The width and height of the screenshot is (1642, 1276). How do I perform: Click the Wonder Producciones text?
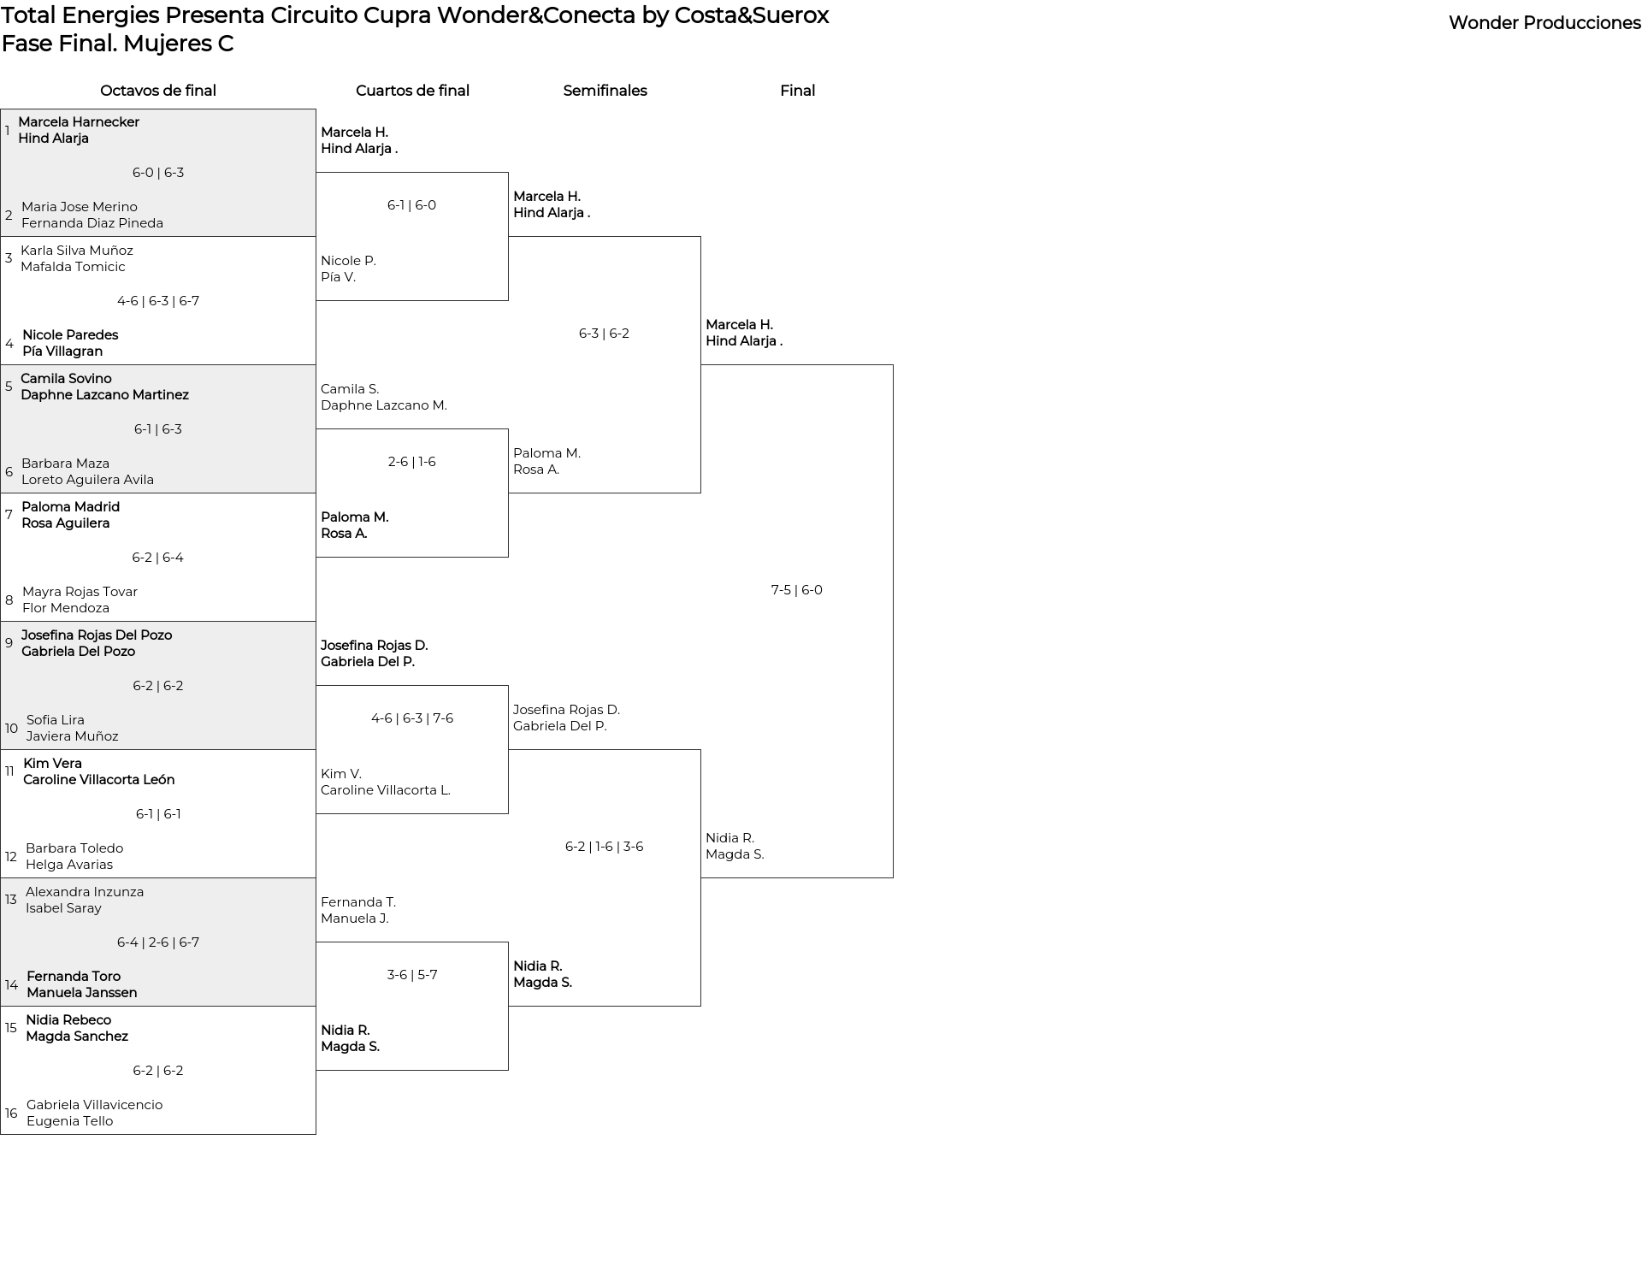pyautogui.click(x=1544, y=23)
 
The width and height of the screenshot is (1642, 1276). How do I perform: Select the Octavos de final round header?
pyautogui.click(x=158, y=91)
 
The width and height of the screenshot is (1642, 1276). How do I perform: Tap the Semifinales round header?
pyautogui.click(x=605, y=91)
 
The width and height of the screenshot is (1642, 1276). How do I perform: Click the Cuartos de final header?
pyautogui.click(x=412, y=91)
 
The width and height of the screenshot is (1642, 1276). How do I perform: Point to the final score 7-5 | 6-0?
pyautogui.click(x=796, y=590)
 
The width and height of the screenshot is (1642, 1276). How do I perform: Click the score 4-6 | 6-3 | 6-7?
pyautogui.click(x=158, y=301)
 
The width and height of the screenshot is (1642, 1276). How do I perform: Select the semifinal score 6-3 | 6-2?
pyautogui.click(x=604, y=334)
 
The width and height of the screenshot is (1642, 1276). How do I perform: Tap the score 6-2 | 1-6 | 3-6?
pyautogui.click(x=604, y=847)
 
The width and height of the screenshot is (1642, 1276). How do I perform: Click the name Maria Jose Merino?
pyautogui.click(x=80, y=207)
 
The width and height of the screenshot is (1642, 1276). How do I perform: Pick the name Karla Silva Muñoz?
pyautogui.click(x=77, y=251)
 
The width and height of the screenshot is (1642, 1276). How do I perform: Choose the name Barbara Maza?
pyautogui.click(x=65, y=464)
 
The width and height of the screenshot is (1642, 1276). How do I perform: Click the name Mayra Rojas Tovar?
pyautogui.click(x=80, y=592)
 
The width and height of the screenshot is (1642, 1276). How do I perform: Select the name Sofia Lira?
pyautogui.click(x=56, y=720)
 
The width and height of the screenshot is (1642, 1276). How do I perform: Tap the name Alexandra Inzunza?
pyautogui.click(x=85, y=892)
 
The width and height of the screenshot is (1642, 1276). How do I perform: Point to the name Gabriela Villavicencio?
pyautogui.click(x=94, y=1105)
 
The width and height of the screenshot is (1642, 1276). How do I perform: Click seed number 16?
pyautogui.click(x=11, y=1114)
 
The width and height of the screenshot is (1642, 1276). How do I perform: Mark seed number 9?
pyautogui.click(x=9, y=643)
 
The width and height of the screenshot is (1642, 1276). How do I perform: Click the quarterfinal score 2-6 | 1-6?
pyautogui.click(x=411, y=462)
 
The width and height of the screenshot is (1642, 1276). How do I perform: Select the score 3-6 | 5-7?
pyautogui.click(x=411, y=975)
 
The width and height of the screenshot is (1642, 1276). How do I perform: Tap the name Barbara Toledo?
pyautogui.click(x=74, y=848)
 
